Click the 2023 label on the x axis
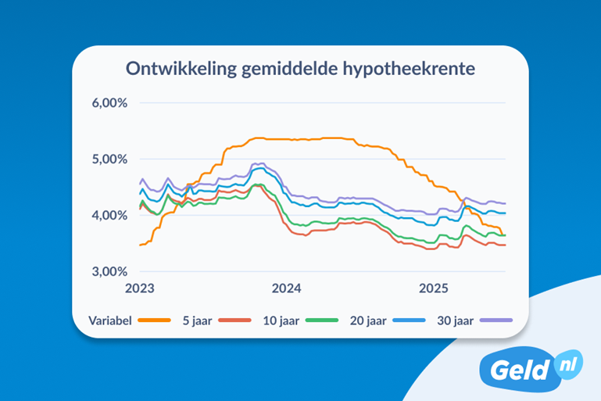[x=140, y=288]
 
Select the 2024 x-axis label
[x=286, y=288]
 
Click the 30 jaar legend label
[x=451, y=319]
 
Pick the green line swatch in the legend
[x=321, y=319]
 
